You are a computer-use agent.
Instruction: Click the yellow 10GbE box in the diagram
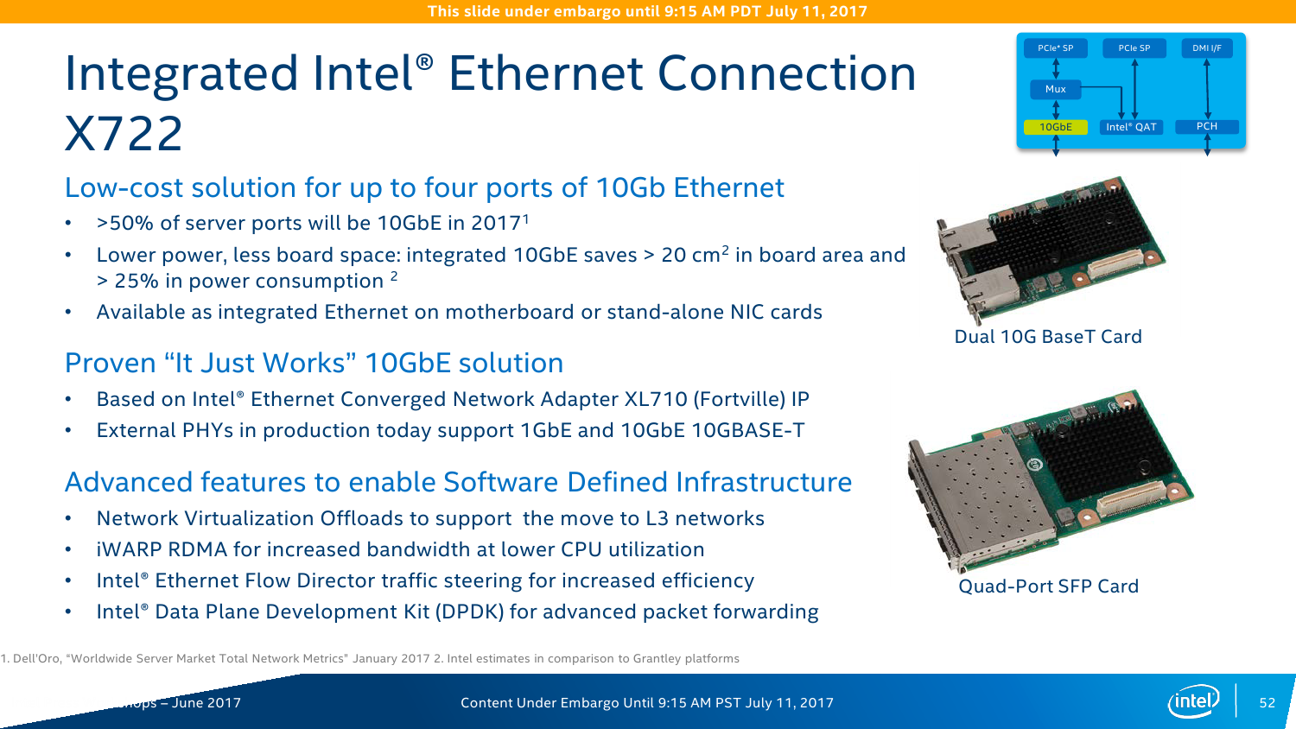pyautogui.click(x=1055, y=127)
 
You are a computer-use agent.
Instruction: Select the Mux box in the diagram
pyautogui.click(x=1055, y=89)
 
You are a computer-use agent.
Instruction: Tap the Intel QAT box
pyautogui.click(x=1130, y=127)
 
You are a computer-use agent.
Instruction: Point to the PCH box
pyautogui.click(x=1207, y=126)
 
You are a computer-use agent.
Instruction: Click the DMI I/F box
pyautogui.click(x=1207, y=48)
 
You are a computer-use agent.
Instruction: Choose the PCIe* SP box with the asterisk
pyautogui.click(x=1055, y=48)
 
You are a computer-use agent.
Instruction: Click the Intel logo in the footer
pyautogui.click(x=1194, y=702)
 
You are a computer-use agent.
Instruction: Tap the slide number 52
pyautogui.click(x=1267, y=702)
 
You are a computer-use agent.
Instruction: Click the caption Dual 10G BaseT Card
pyautogui.click(x=1048, y=337)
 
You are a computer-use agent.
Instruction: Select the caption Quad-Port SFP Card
pyautogui.click(x=1048, y=586)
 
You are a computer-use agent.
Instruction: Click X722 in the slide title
pyautogui.click(x=124, y=133)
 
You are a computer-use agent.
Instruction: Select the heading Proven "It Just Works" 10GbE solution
pyautogui.click(x=314, y=364)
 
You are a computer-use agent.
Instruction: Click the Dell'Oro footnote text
pyautogui.click(x=215, y=658)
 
